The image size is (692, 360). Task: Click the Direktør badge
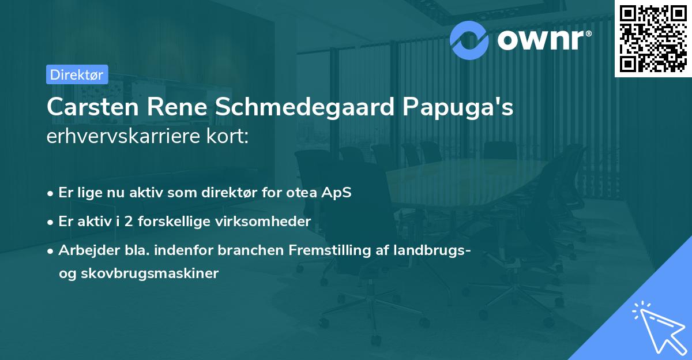pyautogui.click(x=77, y=74)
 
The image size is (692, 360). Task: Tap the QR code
pyautogui.click(x=653, y=38)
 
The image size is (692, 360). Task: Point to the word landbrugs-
pyautogui.click(x=433, y=250)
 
